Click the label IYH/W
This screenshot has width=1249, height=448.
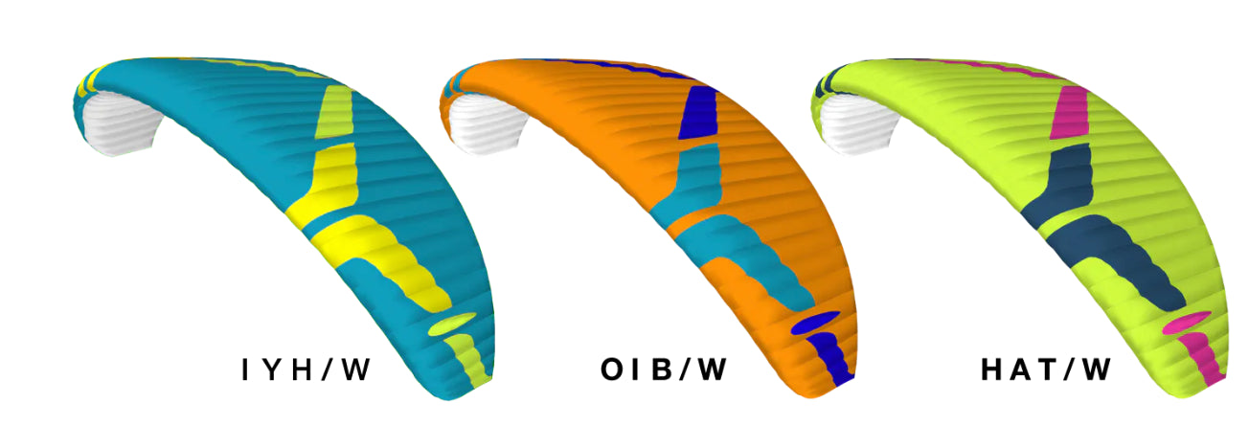307,370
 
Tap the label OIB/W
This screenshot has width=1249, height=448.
664,370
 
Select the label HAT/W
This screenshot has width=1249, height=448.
1046,370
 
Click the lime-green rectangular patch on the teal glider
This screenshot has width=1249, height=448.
334,111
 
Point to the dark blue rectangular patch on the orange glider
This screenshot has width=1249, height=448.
698,113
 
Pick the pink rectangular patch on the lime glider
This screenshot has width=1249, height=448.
1070,113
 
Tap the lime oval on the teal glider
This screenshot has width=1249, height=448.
452,324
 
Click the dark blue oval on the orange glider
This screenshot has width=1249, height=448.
815,323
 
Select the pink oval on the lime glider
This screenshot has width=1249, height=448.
1187,323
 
